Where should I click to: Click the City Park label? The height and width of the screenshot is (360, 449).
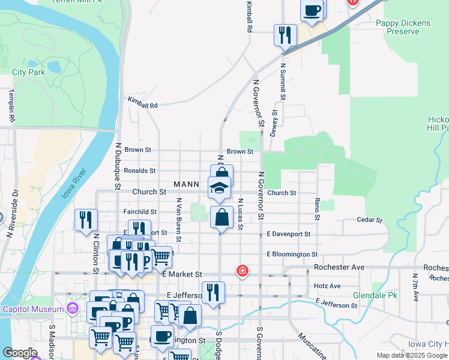[29, 72]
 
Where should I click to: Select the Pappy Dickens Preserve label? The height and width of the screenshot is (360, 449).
[403, 28]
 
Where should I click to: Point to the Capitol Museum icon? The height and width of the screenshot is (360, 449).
[73, 309]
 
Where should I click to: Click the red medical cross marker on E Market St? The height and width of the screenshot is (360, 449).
[243, 271]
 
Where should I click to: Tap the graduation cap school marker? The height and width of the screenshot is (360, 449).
[220, 187]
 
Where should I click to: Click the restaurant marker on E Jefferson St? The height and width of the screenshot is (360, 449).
[213, 292]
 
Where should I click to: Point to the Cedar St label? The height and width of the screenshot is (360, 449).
[370, 220]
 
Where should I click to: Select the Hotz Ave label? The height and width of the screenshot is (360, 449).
[327, 286]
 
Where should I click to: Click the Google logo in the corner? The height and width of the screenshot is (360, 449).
[20, 353]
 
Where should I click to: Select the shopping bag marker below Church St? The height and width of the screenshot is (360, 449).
[222, 217]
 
